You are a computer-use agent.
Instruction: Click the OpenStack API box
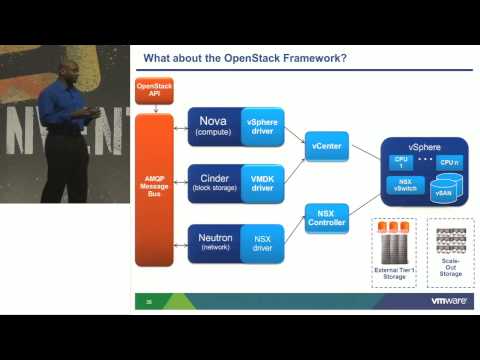point(154,93)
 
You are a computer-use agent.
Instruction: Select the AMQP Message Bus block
point(154,191)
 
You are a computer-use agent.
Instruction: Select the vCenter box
point(326,146)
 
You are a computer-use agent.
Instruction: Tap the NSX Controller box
point(326,217)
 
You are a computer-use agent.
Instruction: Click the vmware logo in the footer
point(449,300)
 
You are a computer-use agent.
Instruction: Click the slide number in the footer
point(149,300)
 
